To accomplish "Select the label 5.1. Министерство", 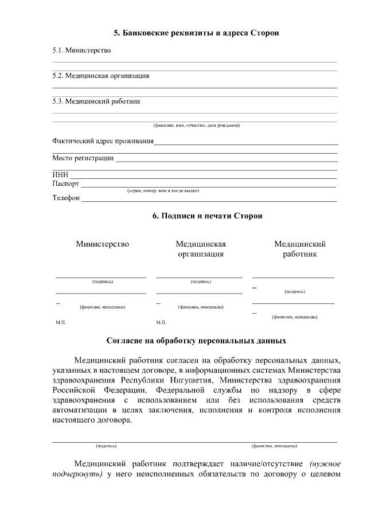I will point(81,50).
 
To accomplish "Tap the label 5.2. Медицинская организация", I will point(101,76).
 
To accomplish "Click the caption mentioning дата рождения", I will point(196,125).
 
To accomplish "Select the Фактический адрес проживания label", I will point(103,141).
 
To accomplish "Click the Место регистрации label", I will point(83,158).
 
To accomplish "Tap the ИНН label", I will point(60,175).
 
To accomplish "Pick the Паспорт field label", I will point(66,184).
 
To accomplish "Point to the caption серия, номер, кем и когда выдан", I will point(163,190).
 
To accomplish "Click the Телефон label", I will point(66,198).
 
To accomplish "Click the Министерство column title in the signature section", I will point(103,244).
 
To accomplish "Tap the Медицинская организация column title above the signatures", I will point(201,249).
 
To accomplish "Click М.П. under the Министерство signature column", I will point(61,323).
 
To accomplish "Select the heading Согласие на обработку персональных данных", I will point(196,341).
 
